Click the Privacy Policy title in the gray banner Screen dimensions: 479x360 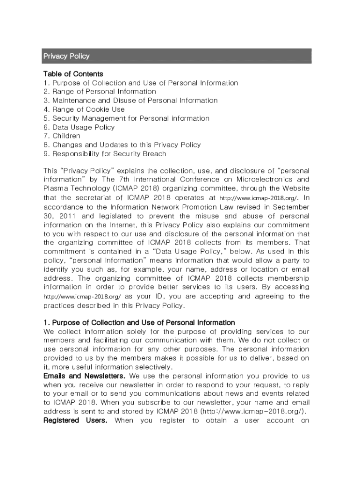(66, 56)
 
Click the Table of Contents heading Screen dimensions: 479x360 (73, 74)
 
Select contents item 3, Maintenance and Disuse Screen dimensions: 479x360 (130, 101)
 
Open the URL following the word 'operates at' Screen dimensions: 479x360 (258, 198)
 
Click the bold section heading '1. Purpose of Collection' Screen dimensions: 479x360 (139, 323)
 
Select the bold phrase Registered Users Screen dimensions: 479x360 (75, 421)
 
